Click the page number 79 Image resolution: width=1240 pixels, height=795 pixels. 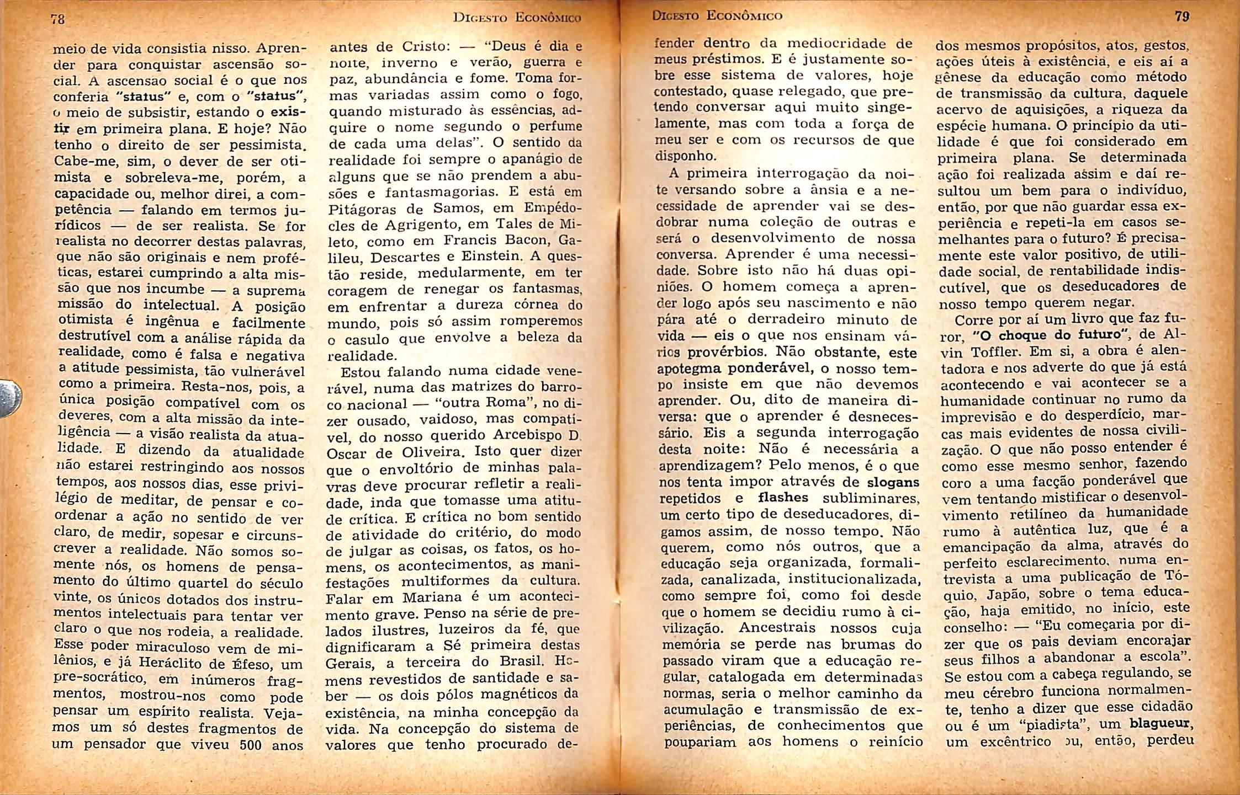point(1181,16)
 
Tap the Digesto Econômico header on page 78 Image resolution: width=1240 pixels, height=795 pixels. point(517,18)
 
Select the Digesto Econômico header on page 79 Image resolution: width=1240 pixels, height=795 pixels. point(717,15)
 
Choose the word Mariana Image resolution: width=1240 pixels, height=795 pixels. point(431,597)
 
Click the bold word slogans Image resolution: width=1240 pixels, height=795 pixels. point(893,482)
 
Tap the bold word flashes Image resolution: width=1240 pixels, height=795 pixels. point(783,498)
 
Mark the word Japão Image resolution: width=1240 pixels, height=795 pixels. point(1008,595)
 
